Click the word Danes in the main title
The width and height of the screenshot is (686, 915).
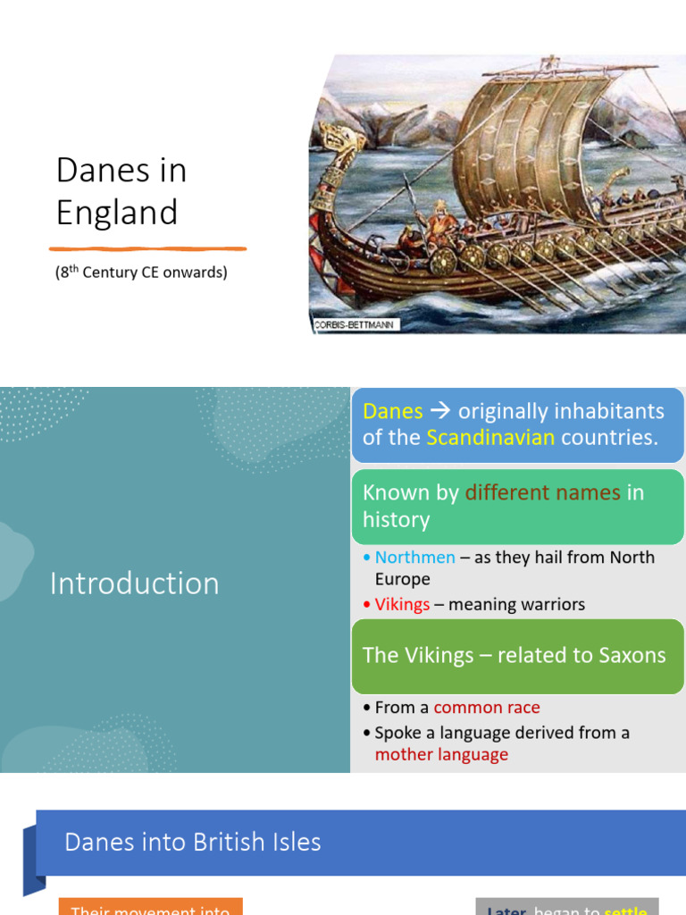coord(99,171)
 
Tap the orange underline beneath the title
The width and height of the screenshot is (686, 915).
coord(147,248)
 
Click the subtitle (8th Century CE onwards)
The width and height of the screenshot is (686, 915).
coord(141,273)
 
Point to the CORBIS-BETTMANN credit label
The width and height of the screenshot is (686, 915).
coord(356,325)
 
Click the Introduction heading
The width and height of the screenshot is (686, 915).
coord(134,583)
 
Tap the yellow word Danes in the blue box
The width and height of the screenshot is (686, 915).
coord(392,411)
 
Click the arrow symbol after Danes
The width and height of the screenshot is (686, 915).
coord(440,411)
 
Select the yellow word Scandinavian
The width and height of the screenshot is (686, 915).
coord(490,437)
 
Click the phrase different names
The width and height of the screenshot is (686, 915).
coord(542,492)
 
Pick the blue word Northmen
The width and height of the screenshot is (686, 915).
coord(414,558)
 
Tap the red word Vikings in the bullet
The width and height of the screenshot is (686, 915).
coord(402,605)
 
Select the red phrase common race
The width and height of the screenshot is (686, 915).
coord(487,708)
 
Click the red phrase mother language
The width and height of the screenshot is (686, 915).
coord(441,754)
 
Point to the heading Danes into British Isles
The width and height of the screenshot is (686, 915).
coord(193,842)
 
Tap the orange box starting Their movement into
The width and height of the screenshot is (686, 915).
coord(150,907)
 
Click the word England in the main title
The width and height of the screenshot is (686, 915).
coord(117,213)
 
